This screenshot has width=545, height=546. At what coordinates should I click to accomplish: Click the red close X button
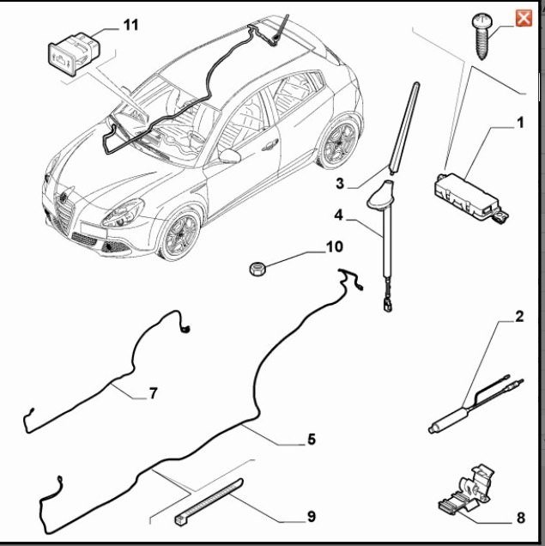[x=524, y=18]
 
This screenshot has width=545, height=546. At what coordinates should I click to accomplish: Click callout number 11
[x=130, y=25]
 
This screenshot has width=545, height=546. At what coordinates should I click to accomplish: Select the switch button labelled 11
[x=75, y=53]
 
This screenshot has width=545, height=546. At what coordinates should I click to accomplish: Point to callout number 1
[x=519, y=123]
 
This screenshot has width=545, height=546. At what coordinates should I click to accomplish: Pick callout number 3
[x=340, y=183]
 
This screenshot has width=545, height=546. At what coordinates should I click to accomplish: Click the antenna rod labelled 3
[x=404, y=128]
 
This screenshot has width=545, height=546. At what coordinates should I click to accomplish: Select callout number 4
[x=338, y=215]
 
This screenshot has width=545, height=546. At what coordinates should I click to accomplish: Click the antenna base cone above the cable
[x=380, y=196]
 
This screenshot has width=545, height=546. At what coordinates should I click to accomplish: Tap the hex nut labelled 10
[x=257, y=269]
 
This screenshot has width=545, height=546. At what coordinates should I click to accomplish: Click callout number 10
[x=335, y=246]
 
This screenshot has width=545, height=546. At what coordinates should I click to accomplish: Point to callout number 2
[x=519, y=317]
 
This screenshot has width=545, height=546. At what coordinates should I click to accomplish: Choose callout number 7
[x=153, y=393]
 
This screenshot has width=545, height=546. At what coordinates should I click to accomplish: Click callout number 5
[x=312, y=439]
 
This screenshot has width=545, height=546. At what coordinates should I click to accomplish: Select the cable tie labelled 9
[x=209, y=501]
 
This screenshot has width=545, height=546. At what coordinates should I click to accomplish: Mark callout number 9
[x=312, y=516]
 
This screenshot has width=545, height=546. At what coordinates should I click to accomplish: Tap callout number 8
[x=520, y=518]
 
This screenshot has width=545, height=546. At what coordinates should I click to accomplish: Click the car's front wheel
[x=179, y=234]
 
